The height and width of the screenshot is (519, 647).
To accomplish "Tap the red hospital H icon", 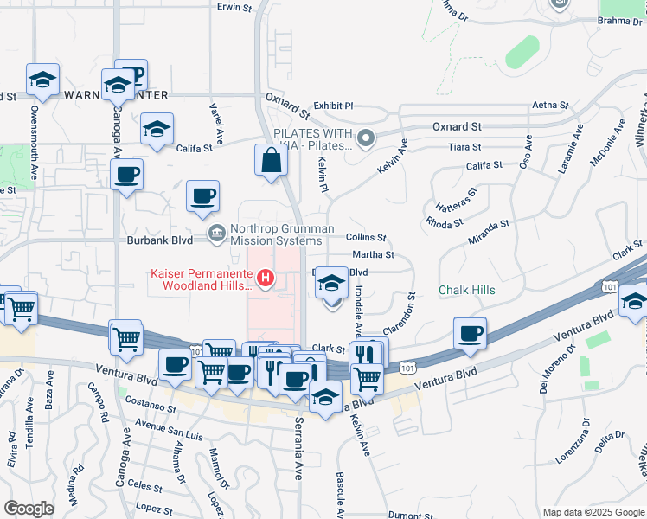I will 266,279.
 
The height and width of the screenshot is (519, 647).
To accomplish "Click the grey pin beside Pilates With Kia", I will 367,137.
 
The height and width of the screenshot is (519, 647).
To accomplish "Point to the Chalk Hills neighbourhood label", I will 467,290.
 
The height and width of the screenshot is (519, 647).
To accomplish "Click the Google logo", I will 29,509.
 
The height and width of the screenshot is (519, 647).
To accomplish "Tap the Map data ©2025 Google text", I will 592,512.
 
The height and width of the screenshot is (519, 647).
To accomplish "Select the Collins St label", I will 365,237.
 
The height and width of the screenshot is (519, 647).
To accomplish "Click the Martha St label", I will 373,255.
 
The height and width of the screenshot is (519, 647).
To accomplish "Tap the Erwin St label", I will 234,7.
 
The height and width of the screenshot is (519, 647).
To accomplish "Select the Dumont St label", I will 411,516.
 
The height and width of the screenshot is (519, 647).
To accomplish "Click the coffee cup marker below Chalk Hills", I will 470,333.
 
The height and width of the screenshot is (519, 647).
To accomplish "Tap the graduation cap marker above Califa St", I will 157,129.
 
